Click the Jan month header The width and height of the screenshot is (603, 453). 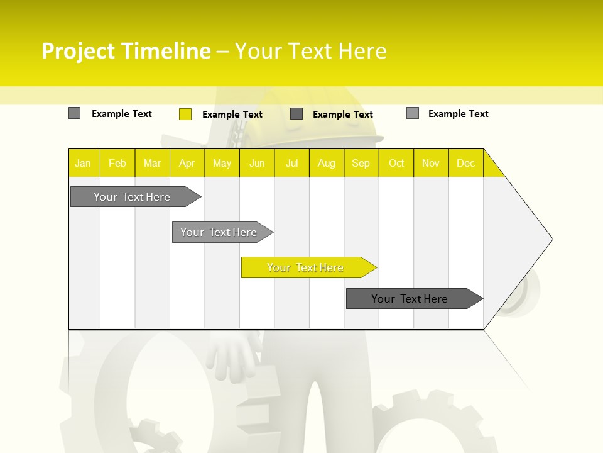click(83, 163)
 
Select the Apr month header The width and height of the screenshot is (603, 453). click(187, 163)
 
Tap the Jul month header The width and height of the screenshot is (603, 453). click(291, 163)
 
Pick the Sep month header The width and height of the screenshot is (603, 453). click(361, 163)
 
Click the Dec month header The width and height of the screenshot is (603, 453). click(465, 163)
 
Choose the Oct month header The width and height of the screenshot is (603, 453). click(396, 163)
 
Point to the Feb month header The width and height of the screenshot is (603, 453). click(117, 163)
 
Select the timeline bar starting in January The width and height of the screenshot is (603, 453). click(132, 197)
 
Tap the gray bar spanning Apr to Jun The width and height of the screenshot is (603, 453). click(219, 232)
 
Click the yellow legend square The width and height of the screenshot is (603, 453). click(185, 114)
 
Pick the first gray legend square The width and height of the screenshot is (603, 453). click(74, 113)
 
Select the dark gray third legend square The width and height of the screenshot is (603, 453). click(296, 114)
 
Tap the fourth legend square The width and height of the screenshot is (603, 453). click(413, 113)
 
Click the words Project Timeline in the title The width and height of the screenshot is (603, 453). click(126, 51)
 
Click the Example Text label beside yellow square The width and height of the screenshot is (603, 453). click(232, 115)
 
